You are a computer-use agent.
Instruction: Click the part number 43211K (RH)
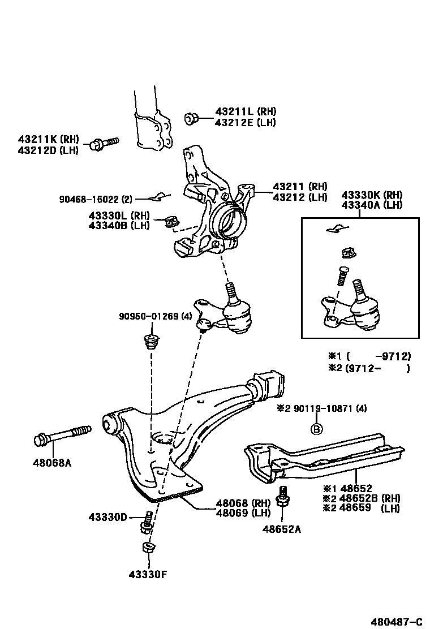click(x=48, y=140)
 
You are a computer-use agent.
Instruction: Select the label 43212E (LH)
click(x=245, y=122)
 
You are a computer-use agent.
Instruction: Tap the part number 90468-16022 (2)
click(x=96, y=199)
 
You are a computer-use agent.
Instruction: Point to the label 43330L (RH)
click(x=118, y=216)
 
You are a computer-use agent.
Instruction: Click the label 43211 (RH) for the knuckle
click(x=300, y=186)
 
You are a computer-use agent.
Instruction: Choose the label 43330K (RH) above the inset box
click(x=371, y=195)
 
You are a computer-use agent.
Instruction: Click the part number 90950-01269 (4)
click(x=156, y=317)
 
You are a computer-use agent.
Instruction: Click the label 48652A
click(x=281, y=529)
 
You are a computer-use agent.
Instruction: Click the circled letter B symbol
click(x=317, y=429)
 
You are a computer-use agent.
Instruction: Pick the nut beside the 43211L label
click(x=191, y=118)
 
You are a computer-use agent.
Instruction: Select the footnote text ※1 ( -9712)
click(x=369, y=356)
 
